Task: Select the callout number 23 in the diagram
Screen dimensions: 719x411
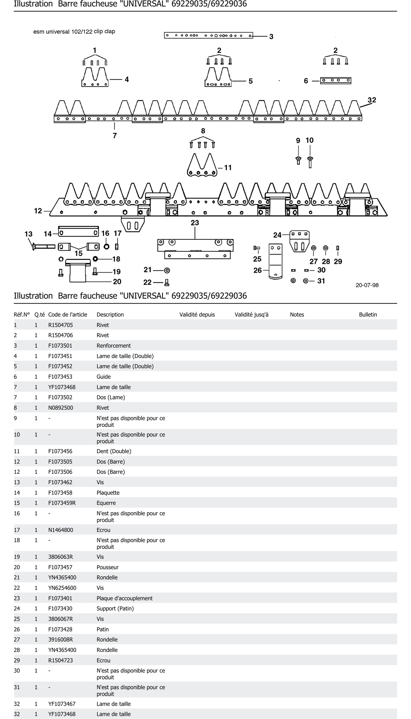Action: pyautogui.click(x=195, y=223)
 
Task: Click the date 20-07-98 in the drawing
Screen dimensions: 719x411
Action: pyautogui.click(x=367, y=285)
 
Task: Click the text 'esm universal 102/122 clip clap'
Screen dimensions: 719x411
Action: pyautogui.click(x=74, y=32)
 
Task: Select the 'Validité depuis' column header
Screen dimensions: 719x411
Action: pyautogui.click(x=197, y=315)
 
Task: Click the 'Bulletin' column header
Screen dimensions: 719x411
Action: pyautogui.click(x=368, y=315)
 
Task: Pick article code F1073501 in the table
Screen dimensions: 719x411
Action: pyautogui.click(x=60, y=346)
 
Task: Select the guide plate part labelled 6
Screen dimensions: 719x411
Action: pyautogui.click(x=336, y=81)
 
